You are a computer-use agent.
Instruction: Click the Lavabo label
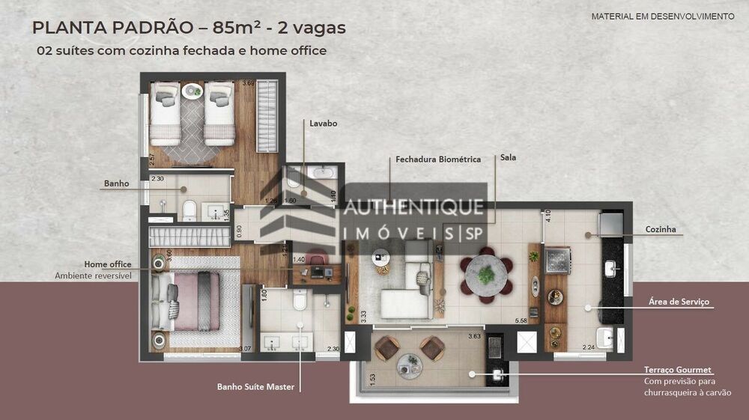coord(324,123)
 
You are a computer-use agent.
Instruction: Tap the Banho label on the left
coord(117,183)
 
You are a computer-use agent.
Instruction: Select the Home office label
coord(108,264)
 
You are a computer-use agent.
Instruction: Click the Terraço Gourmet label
coord(678,370)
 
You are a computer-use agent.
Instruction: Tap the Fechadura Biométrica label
coord(438,159)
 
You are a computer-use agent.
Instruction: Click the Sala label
coord(508,158)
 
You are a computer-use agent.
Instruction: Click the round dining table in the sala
coord(486,275)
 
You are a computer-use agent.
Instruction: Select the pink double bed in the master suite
coord(191,302)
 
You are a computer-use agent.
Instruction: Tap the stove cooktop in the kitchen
coord(558,260)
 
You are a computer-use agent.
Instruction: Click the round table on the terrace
coord(410,365)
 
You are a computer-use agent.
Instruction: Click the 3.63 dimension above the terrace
coord(473,336)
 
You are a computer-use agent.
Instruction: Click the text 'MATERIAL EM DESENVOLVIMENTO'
coord(663,16)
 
